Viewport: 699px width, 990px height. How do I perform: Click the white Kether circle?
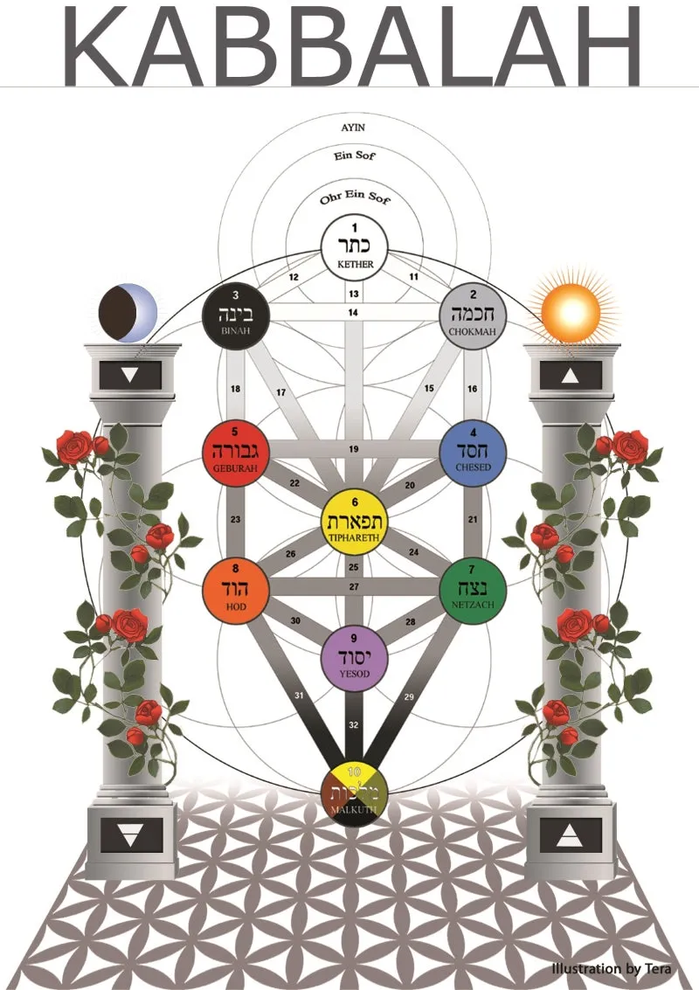pos(354,247)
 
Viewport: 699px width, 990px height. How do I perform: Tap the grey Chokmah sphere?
pos(473,313)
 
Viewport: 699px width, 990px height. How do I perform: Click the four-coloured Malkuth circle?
pos(354,792)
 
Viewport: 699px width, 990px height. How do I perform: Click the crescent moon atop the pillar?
pos(128,311)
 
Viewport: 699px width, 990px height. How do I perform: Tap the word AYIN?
pos(353,127)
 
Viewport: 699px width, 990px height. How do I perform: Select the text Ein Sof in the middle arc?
pos(353,157)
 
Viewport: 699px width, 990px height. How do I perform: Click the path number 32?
pos(353,724)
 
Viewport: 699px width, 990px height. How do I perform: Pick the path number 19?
pos(353,449)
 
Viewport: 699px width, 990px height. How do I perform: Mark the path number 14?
pos(353,312)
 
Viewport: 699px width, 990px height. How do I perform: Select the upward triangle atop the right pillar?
pos(570,376)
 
